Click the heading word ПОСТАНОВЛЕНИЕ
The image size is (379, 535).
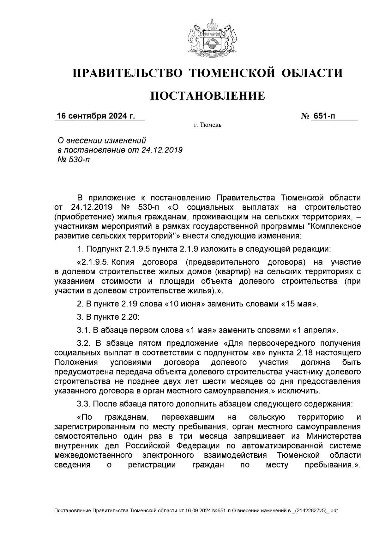pyautogui.click(x=207, y=96)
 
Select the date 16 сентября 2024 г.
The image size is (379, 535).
pyautogui.click(x=95, y=116)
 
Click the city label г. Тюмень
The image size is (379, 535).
pyautogui.click(x=208, y=125)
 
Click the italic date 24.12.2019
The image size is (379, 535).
pyautogui.click(x=162, y=150)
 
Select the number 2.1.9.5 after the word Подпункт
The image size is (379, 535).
pyautogui.click(x=138, y=249)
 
